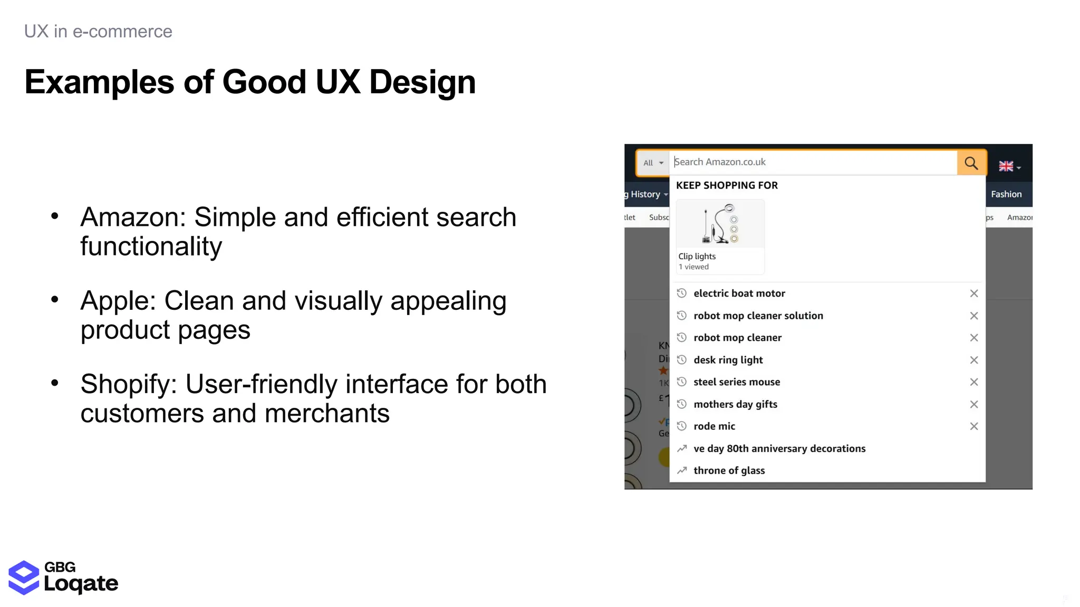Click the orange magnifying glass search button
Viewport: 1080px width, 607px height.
(971, 163)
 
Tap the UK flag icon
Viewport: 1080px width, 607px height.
(1006, 167)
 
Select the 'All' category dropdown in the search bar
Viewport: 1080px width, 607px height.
(653, 163)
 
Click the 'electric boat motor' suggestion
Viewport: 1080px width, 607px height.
(739, 293)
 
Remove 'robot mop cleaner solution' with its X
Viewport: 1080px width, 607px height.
(973, 316)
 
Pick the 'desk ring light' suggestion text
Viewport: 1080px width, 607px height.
(728, 360)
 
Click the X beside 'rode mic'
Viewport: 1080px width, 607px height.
(973, 426)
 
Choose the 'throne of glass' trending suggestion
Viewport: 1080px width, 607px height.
(729, 471)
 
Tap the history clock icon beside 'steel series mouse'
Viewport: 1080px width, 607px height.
(682, 382)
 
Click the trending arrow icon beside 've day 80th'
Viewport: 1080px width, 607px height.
(682, 448)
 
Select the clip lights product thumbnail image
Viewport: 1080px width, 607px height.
(720, 224)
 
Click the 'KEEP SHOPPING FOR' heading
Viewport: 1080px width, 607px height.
(727, 185)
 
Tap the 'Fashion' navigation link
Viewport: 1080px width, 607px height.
(1006, 194)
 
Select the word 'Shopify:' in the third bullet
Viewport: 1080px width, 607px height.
(129, 384)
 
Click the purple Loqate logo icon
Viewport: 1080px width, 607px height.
(24, 577)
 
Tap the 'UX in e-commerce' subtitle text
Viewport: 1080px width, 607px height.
(98, 32)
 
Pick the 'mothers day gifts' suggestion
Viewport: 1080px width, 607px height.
(735, 404)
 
